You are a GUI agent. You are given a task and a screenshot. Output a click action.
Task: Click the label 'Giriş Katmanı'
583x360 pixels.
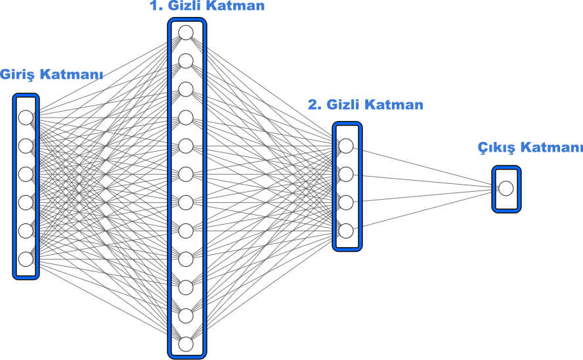tap(51, 75)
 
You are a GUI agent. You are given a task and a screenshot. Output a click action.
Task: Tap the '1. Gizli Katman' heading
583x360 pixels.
tap(207, 6)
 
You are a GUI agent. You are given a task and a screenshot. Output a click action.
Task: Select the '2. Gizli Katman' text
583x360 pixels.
tap(366, 104)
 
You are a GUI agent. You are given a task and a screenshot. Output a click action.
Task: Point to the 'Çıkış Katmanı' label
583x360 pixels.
tap(530, 147)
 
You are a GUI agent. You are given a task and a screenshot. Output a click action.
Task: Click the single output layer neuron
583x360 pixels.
tap(506, 189)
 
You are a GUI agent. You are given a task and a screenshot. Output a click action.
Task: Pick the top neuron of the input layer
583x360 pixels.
tap(26, 118)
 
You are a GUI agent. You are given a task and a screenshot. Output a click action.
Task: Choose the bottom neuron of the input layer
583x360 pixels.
tap(26, 259)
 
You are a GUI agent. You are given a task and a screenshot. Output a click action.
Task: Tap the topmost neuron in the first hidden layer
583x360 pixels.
tap(186, 33)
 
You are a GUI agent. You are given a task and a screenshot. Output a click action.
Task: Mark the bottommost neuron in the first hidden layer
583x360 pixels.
tap(186, 344)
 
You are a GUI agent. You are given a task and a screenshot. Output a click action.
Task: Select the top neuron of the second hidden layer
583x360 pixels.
tap(346, 146)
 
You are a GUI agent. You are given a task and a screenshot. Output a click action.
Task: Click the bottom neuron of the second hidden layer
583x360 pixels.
tap(346, 231)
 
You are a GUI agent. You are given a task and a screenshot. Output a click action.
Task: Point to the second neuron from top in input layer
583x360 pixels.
tap(26, 146)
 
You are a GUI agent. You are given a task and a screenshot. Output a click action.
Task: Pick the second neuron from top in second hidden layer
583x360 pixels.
tap(346, 174)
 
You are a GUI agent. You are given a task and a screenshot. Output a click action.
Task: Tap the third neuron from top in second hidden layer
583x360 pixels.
tap(346, 203)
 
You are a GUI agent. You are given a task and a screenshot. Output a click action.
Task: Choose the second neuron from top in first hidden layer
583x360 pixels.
tap(186, 61)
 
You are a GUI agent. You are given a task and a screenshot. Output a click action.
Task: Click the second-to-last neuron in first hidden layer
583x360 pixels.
tap(186, 316)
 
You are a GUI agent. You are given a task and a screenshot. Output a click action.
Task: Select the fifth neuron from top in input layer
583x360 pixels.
tap(26, 231)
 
